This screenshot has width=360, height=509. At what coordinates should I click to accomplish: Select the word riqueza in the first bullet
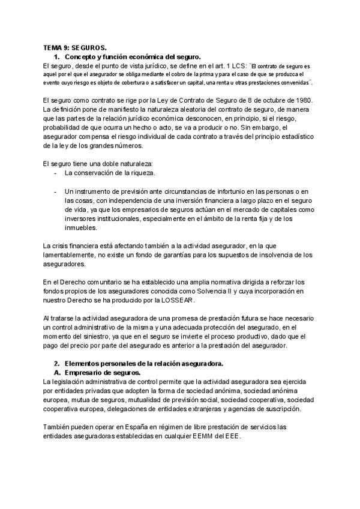click(142, 173)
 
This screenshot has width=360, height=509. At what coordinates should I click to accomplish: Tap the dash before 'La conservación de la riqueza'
click(55, 173)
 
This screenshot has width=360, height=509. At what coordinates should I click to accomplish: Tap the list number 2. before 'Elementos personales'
click(57, 364)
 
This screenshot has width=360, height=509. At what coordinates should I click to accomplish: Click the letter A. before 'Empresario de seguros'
click(58, 372)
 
